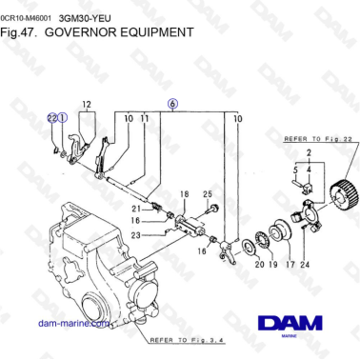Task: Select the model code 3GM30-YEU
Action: [x=80, y=17]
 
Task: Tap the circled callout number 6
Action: [x=172, y=102]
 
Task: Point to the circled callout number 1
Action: [x=63, y=118]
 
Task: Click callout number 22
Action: [x=51, y=118]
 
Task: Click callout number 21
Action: [x=135, y=209]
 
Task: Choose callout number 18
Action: [x=185, y=193]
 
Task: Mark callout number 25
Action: [x=208, y=193]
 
